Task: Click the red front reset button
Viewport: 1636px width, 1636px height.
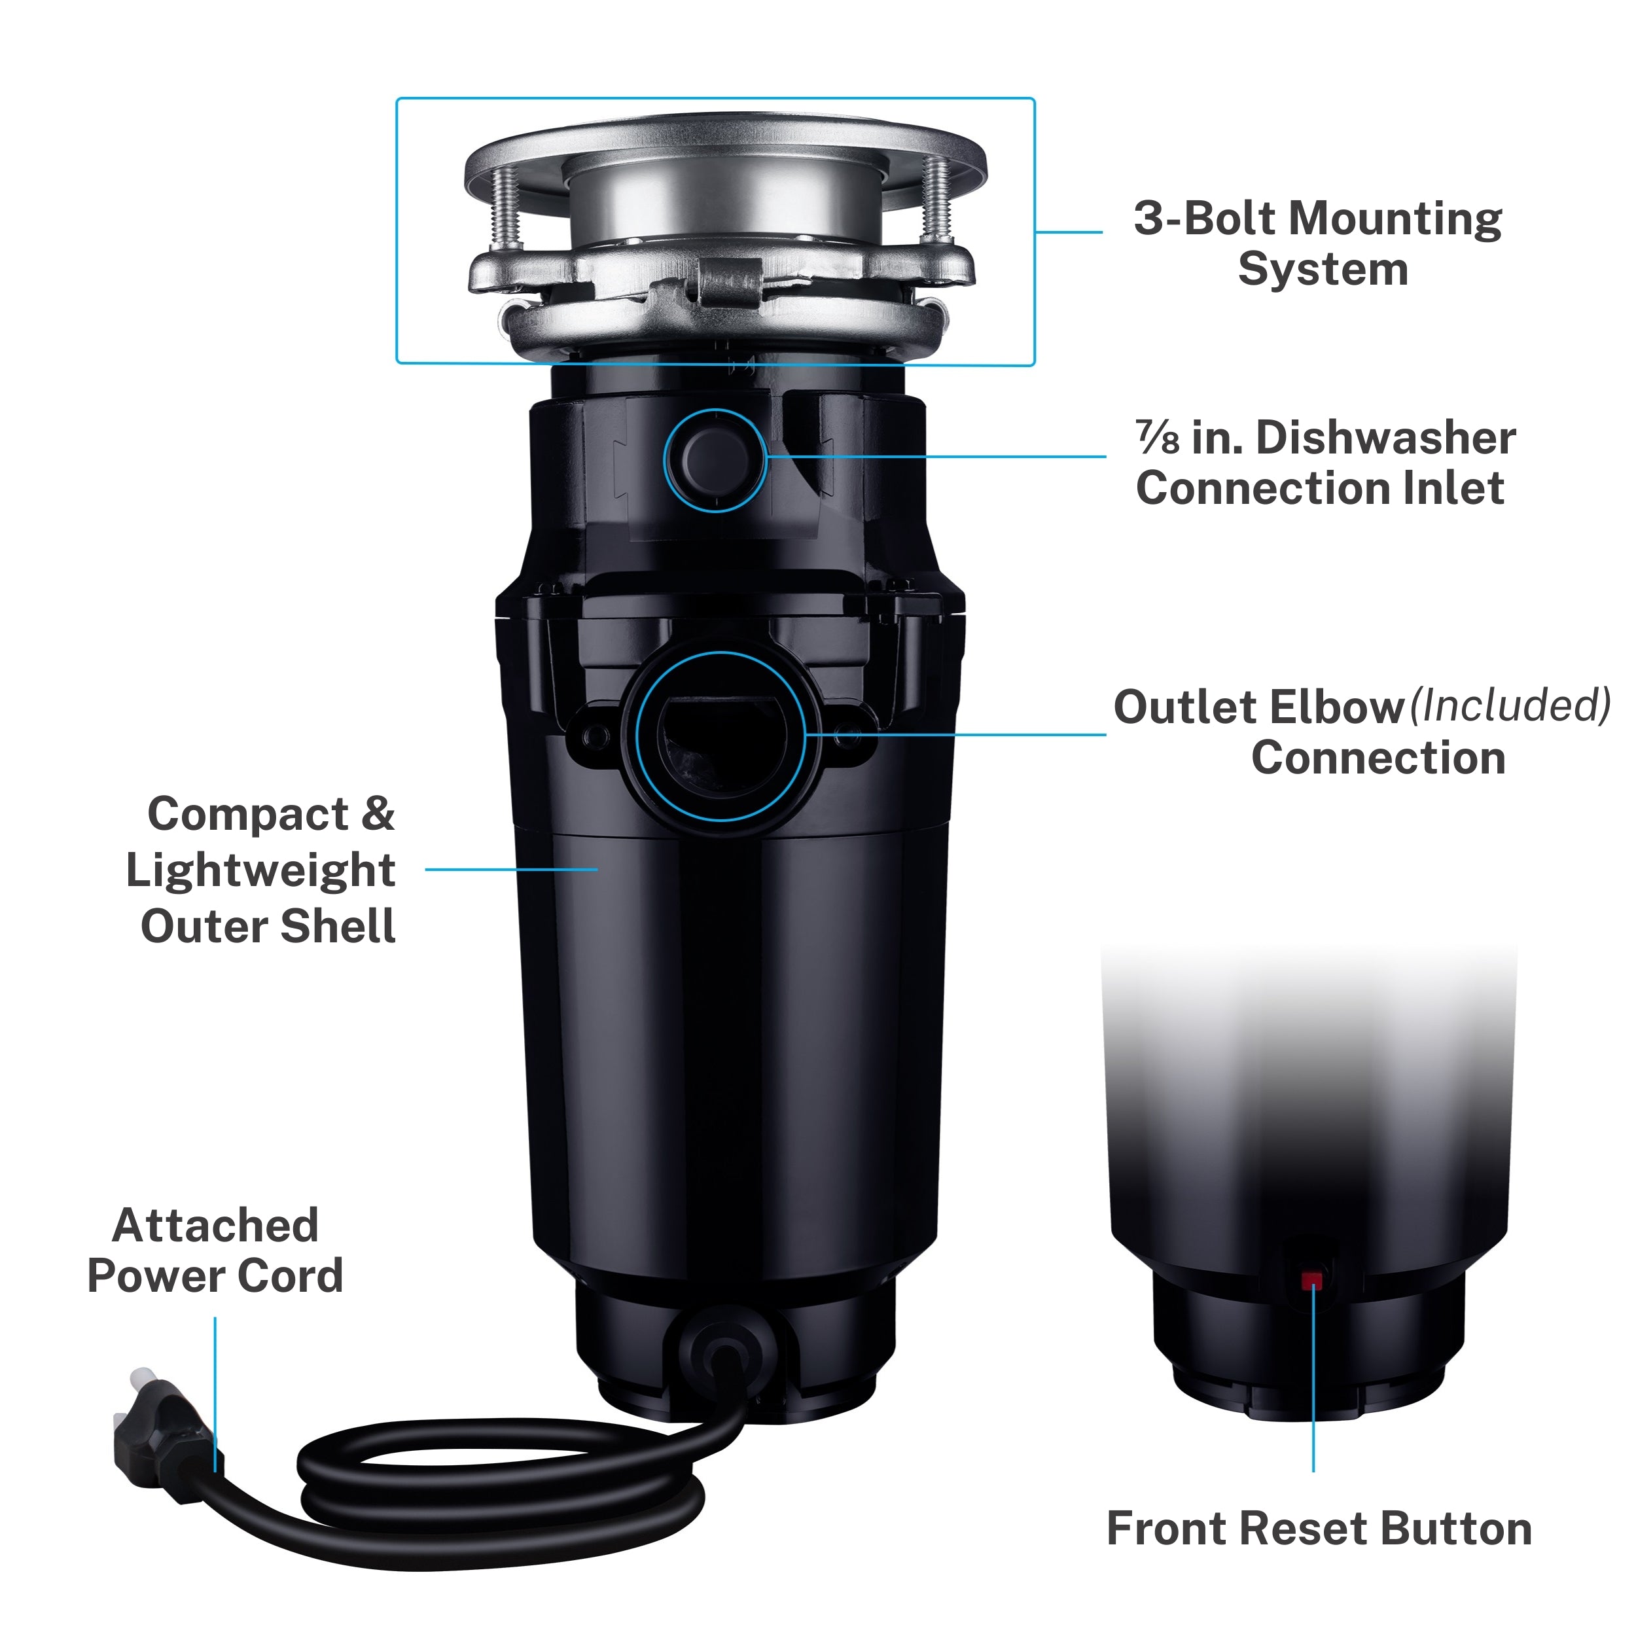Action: coord(1311,1279)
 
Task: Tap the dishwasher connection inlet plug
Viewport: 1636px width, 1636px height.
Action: coord(715,460)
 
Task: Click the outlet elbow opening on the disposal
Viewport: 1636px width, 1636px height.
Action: coord(720,735)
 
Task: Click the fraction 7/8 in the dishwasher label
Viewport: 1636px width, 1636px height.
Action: coord(1157,437)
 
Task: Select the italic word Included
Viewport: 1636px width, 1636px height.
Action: coord(1510,705)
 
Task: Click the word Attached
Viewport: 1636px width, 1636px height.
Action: coord(215,1225)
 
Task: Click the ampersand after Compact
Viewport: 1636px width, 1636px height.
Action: coord(378,815)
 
